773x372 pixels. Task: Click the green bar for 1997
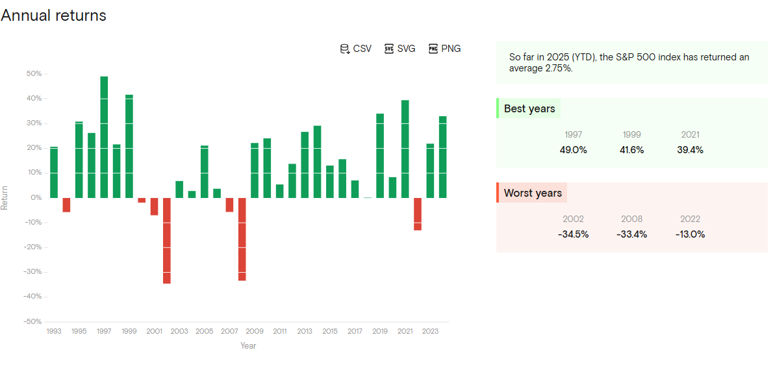[104, 137]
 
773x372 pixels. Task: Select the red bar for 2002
[167, 240]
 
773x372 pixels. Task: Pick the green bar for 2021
[405, 149]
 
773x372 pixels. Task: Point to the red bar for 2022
[418, 214]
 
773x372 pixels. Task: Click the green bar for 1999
[129, 146]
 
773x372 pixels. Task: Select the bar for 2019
[380, 156]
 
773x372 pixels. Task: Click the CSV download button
[356, 49]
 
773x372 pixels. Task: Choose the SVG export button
[400, 49]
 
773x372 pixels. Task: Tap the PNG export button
[445, 49]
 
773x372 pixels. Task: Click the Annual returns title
[53, 16]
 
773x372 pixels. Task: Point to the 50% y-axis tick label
[34, 74]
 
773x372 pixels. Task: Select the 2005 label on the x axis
[205, 331]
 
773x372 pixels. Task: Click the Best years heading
[529, 108]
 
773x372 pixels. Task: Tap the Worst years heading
[533, 193]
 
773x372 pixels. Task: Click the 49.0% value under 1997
[573, 150]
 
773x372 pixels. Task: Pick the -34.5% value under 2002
[573, 234]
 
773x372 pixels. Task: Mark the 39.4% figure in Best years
[690, 150]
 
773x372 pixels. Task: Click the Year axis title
[248, 345]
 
